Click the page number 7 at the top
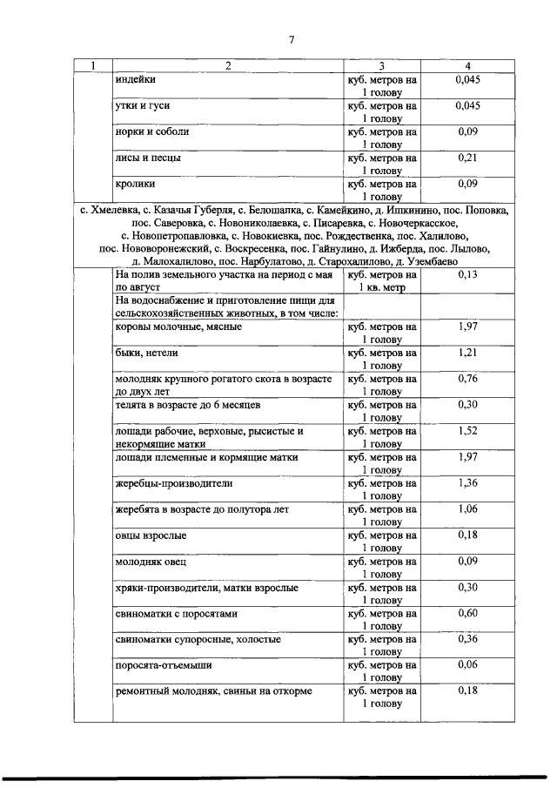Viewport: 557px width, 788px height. pyautogui.click(x=292, y=39)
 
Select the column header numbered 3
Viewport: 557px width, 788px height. pyautogui.click(x=381, y=66)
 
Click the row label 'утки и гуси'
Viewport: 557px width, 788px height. pyautogui.click(x=143, y=106)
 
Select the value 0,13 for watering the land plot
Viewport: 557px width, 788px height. pyautogui.click(x=467, y=273)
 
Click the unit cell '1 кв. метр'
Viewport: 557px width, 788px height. pyautogui.click(x=381, y=286)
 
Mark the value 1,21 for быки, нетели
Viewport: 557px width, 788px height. pyautogui.click(x=467, y=353)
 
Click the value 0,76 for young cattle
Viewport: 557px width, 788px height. pyautogui.click(x=467, y=379)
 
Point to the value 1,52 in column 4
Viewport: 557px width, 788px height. pyautogui.click(x=467, y=430)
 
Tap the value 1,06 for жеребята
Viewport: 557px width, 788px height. pyautogui.click(x=467, y=508)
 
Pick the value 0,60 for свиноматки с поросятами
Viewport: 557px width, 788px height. pyautogui.click(x=467, y=613)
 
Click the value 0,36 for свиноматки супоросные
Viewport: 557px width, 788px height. pyautogui.click(x=467, y=639)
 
